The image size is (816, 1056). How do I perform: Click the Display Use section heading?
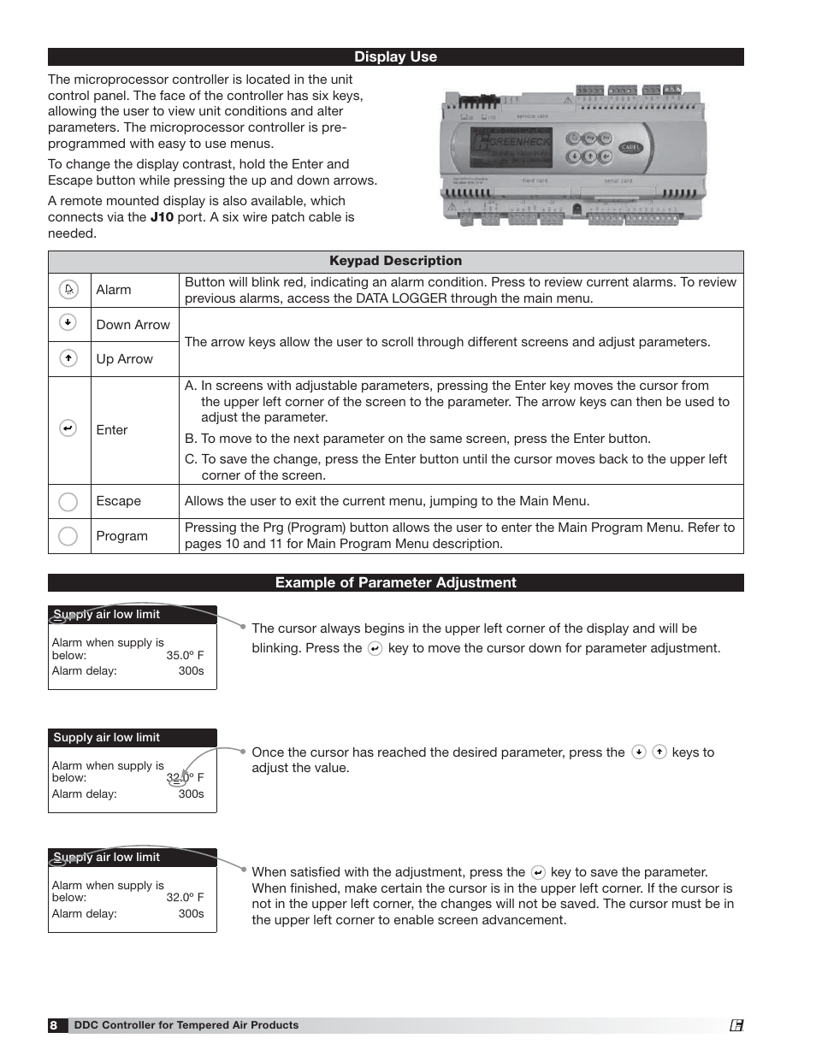point(395,57)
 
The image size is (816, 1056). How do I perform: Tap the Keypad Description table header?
point(395,261)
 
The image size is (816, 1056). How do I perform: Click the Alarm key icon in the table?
point(68,290)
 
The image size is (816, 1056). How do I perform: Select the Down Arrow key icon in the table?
point(68,322)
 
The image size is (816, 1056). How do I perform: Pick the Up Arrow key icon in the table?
point(68,358)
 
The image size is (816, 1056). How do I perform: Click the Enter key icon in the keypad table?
point(68,428)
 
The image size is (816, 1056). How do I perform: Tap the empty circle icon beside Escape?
point(68,502)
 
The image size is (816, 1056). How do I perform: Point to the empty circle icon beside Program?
point(68,536)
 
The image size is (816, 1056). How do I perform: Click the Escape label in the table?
point(118,501)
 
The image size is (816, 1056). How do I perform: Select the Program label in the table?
point(121,536)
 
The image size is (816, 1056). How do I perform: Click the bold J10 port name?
point(162,217)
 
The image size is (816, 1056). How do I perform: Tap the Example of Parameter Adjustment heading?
point(395,582)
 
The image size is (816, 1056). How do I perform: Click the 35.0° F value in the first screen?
point(185,656)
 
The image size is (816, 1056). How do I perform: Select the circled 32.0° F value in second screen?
point(184,778)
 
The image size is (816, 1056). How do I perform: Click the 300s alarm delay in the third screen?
point(191,913)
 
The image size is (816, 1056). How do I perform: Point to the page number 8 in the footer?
point(54,1025)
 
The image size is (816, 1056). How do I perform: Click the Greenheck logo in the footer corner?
point(736,1025)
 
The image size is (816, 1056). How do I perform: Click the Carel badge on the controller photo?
point(630,148)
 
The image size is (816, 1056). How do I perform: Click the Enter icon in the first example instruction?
point(375,649)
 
